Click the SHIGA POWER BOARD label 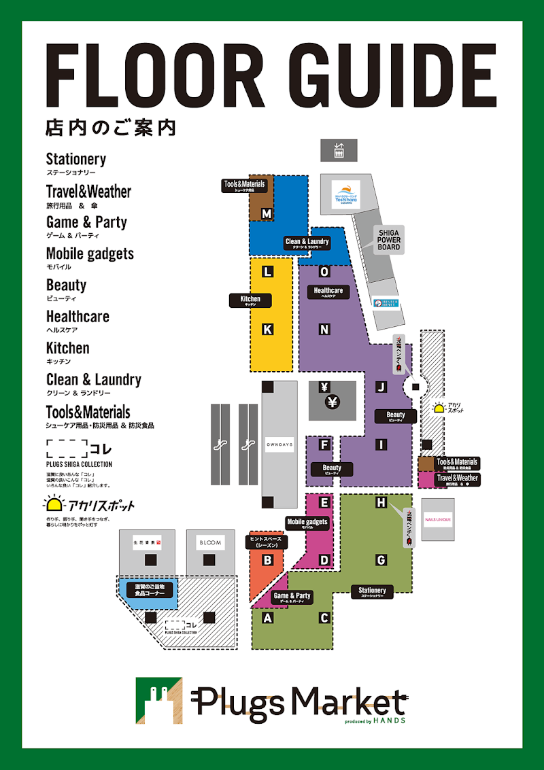[390, 239]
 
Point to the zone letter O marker [324, 272]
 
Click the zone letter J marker [381, 387]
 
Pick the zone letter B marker [268, 560]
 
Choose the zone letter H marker [381, 503]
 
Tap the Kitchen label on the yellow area [250, 300]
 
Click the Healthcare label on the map [328, 292]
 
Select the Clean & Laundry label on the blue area [307, 243]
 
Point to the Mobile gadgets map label [307, 523]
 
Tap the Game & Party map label [292, 597]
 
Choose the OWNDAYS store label [279, 444]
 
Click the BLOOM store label [210, 542]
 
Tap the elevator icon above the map [339, 150]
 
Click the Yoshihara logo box [345, 194]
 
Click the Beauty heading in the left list [66, 285]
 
